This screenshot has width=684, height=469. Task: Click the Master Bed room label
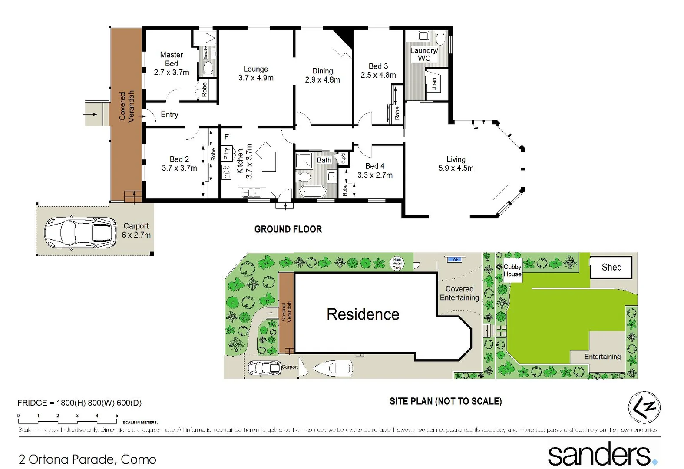pos(171,59)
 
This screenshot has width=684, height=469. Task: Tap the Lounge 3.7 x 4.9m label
pos(256,73)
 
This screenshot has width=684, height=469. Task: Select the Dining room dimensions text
pos(323,80)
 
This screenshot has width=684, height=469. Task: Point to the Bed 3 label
pos(378,66)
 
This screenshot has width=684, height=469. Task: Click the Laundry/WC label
pos(423,54)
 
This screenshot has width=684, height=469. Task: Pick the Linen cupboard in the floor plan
pos(434,84)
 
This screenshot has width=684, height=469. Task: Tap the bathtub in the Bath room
pos(312,191)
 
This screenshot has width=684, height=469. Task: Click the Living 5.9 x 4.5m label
pos(456,164)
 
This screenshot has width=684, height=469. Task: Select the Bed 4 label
pos(374,166)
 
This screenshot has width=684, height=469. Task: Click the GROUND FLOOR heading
pos(288,229)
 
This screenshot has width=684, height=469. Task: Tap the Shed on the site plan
pos(611,267)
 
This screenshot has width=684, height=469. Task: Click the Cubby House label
pos(512,270)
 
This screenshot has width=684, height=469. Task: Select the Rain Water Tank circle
pos(397,264)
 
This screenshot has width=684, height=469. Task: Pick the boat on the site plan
pos(333,368)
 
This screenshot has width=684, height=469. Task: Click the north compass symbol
pos(644,407)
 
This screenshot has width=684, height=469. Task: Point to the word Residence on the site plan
pos(363,314)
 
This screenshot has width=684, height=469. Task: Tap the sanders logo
pos(602,454)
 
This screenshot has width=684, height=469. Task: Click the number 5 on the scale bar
pos(116,416)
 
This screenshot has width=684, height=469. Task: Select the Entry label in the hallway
pos(169,115)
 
